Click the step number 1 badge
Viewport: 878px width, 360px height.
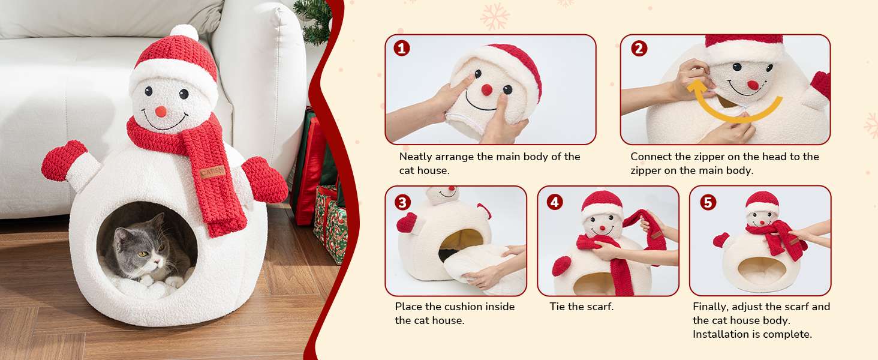[x=401, y=49]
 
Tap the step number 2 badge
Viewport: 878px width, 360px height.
[x=639, y=49]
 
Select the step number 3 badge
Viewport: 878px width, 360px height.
[x=402, y=202]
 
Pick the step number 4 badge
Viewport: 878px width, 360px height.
[x=555, y=202]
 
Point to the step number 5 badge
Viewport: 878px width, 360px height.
[x=708, y=202]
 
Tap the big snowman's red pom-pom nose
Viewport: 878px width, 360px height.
[x=161, y=112]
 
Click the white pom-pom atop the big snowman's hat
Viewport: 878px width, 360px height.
[x=184, y=32]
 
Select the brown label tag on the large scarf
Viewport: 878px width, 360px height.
[x=212, y=172]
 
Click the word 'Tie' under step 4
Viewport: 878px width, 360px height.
[x=557, y=306]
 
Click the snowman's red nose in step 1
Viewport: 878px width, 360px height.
[x=487, y=90]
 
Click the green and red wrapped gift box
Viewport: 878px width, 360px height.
[x=330, y=224]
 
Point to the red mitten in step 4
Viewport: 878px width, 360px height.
[x=562, y=266]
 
